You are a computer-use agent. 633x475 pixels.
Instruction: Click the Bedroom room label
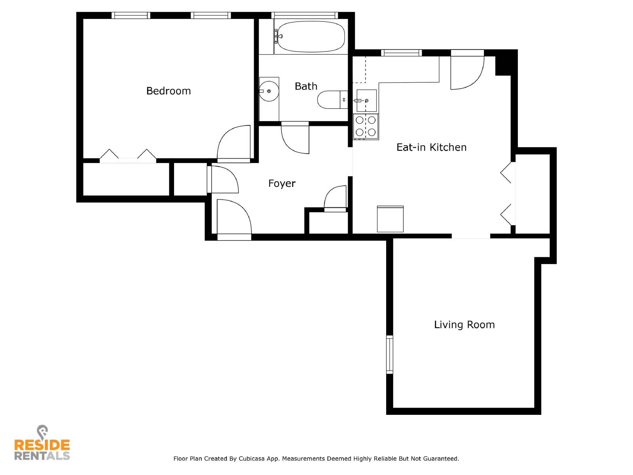coord(169,91)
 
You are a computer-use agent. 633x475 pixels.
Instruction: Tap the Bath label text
coord(306,86)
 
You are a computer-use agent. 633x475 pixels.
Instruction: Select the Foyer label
coord(282,183)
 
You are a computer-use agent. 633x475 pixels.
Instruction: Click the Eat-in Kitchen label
coord(431,147)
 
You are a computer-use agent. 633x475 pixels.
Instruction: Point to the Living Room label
coord(464,325)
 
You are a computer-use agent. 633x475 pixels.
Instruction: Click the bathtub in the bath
coord(311,36)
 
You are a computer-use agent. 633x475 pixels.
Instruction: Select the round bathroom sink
coord(269,91)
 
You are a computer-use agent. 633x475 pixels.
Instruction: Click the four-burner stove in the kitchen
coord(366,126)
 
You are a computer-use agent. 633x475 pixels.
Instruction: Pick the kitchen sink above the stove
coord(366,101)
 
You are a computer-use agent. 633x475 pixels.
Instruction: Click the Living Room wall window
coord(390,354)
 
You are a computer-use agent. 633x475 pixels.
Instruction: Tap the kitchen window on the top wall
coord(401,53)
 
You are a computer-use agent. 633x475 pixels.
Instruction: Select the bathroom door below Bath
coord(295,139)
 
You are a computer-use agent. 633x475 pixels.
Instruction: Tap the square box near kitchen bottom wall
coord(390,219)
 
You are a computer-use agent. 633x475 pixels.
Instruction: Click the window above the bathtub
coord(305,15)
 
